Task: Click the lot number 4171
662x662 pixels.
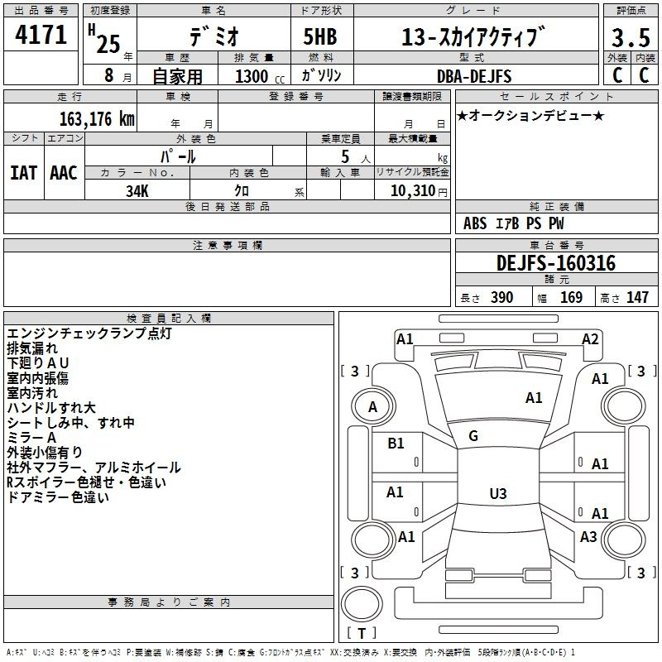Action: point(41,35)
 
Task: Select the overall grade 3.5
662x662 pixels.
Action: point(631,37)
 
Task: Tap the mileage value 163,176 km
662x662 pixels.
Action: point(97,119)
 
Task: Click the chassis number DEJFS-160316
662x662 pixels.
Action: point(556,263)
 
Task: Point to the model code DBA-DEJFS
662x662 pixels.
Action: point(474,76)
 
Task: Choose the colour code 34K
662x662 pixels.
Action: point(137,191)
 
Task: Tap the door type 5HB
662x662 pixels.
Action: point(320,36)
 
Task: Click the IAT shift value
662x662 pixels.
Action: point(23,173)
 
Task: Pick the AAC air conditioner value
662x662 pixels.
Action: point(64,173)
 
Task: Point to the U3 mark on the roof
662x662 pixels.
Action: point(498,493)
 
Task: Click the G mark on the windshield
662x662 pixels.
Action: point(473,436)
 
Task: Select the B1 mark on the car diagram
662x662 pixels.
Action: point(396,444)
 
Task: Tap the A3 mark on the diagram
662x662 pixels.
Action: point(588,536)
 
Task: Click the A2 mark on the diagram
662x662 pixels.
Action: point(590,339)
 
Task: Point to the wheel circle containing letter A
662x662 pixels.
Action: point(373,406)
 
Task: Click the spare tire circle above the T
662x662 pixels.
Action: point(362,604)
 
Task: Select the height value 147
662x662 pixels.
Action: point(637,297)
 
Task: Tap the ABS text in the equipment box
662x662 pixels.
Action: point(475,223)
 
